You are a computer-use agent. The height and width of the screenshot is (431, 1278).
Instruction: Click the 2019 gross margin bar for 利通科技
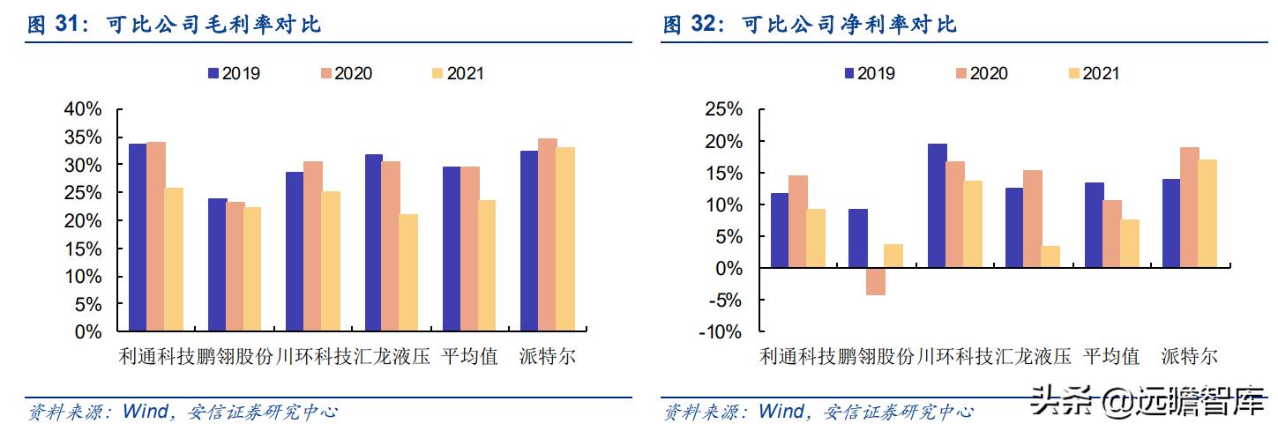point(138,238)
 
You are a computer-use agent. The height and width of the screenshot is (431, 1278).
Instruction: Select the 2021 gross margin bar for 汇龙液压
point(409,273)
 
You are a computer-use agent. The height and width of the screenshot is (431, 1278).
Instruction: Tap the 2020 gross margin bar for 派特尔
point(547,235)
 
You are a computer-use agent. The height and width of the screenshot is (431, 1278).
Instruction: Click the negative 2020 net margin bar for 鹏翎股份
point(875,281)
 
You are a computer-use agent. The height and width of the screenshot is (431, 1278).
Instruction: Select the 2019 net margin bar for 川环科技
point(937,205)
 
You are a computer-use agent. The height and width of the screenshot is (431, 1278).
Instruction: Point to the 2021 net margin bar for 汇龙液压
point(1050,256)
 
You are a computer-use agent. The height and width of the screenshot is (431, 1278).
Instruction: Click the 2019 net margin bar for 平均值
point(1094,225)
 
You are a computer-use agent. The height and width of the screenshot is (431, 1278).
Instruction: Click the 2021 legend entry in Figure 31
point(455,73)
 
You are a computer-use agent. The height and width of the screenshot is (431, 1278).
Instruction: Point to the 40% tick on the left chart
point(83,109)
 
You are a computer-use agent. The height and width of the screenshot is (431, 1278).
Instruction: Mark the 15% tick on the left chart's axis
point(83,249)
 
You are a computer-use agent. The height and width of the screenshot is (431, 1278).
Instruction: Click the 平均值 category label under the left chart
point(469,357)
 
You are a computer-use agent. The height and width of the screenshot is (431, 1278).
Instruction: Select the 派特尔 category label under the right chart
point(1189,357)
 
